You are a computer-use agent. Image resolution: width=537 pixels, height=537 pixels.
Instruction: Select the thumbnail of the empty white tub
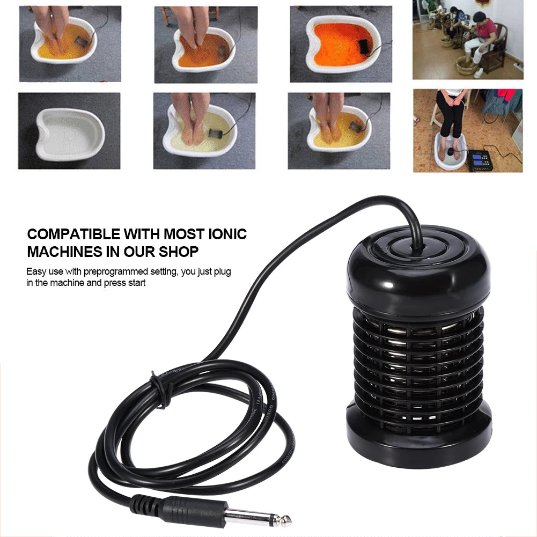click(x=69, y=130)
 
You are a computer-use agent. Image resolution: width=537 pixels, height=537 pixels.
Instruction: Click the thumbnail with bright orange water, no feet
click(x=340, y=44)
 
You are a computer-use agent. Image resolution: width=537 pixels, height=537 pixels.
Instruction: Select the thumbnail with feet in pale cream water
click(x=204, y=130)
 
